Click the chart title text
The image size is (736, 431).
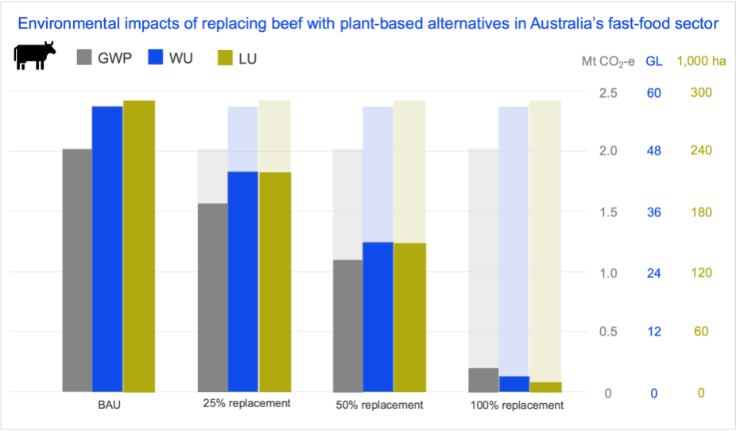pyautogui.click(x=368, y=24)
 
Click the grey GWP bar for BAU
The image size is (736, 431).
pyautogui.click(x=76, y=270)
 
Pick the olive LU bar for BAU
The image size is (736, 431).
pyautogui.click(x=139, y=247)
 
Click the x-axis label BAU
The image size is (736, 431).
pyautogui.click(x=109, y=405)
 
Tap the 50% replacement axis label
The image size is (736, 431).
pyautogui.click(x=381, y=405)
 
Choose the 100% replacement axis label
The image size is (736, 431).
pyautogui.click(x=517, y=405)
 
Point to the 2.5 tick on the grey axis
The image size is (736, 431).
pyautogui.click(x=608, y=93)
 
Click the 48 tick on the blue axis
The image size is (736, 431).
pyautogui.click(x=654, y=151)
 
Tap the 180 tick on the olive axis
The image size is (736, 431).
pyautogui.click(x=700, y=212)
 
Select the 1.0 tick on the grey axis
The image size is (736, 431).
pyautogui.click(x=608, y=273)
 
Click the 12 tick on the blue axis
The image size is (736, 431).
pyautogui.click(x=654, y=332)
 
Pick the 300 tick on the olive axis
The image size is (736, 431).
pyautogui.click(x=700, y=93)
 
